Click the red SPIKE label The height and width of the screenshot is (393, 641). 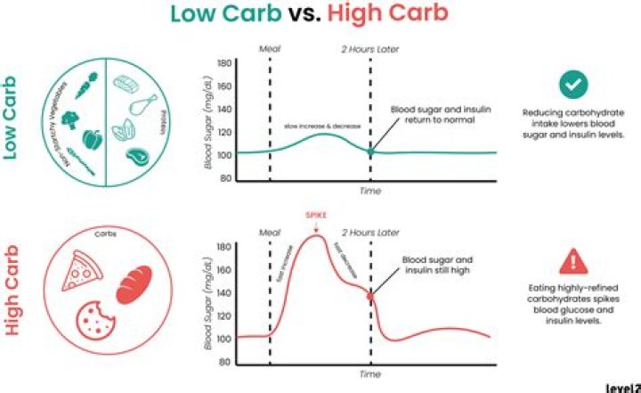[316, 216]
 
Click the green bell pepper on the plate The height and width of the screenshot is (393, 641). [92, 141]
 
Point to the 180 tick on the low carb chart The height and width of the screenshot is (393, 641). [223, 64]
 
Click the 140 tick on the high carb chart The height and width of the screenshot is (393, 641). [223, 293]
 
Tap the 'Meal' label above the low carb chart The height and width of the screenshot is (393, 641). [269, 50]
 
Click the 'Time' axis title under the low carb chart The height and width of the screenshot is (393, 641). [369, 192]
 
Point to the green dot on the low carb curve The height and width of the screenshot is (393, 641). [370, 152]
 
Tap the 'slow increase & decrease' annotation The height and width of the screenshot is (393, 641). [322, 127]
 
